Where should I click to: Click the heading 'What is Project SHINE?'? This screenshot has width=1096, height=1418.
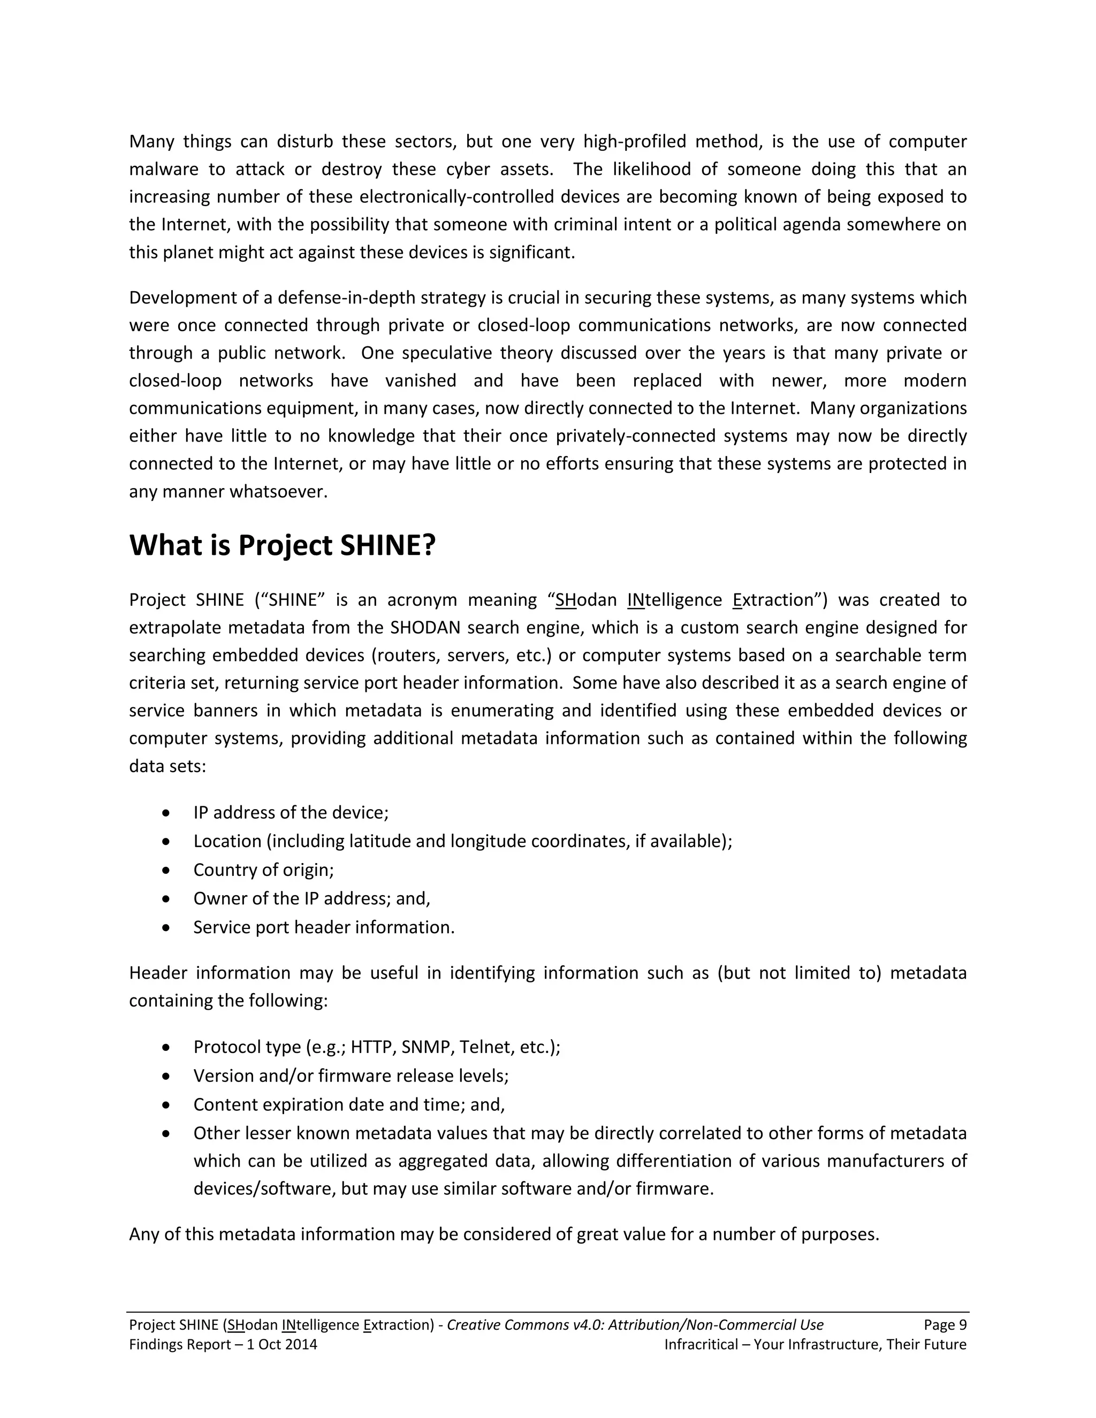[x=282, y=545]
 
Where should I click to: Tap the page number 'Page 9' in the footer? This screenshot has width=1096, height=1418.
[x=945, y=1325]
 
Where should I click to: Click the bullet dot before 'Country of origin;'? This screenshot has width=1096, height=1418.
[x=167, y=870]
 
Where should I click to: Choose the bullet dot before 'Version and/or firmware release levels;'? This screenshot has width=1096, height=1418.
[x=167, y=1077]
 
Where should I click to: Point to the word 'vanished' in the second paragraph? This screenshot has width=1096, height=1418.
[x=420, y=380]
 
